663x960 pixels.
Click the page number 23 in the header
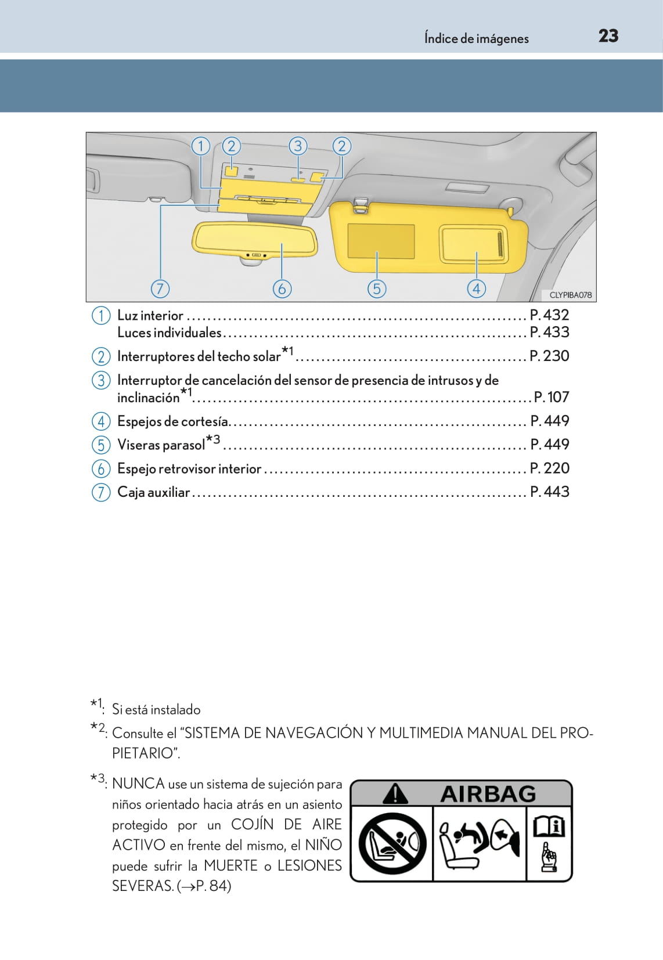(608, 36)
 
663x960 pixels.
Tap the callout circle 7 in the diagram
(160, 288)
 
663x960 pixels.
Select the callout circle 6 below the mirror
(282, 288)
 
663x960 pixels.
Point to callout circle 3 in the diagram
(298, 146)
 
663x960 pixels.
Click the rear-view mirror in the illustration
(255, 239)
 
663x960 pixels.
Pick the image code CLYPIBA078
(570, 295)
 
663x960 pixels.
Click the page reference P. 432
(549, 315)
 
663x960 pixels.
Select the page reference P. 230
(549, 356)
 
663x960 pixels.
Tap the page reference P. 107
(552, 397)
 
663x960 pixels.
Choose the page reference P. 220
(549, 468)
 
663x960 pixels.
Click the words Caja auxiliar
(153, 492)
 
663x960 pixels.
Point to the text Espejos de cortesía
(172, 421)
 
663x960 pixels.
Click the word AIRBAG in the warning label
(488, 794)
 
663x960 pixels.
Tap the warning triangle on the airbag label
(395, 793)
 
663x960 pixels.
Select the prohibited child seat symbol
(392, 843)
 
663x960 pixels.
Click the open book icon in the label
(549, 826)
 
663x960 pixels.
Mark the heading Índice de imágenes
(476, 39)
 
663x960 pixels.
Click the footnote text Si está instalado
(156, 710)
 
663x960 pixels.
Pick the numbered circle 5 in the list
(101, 445)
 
